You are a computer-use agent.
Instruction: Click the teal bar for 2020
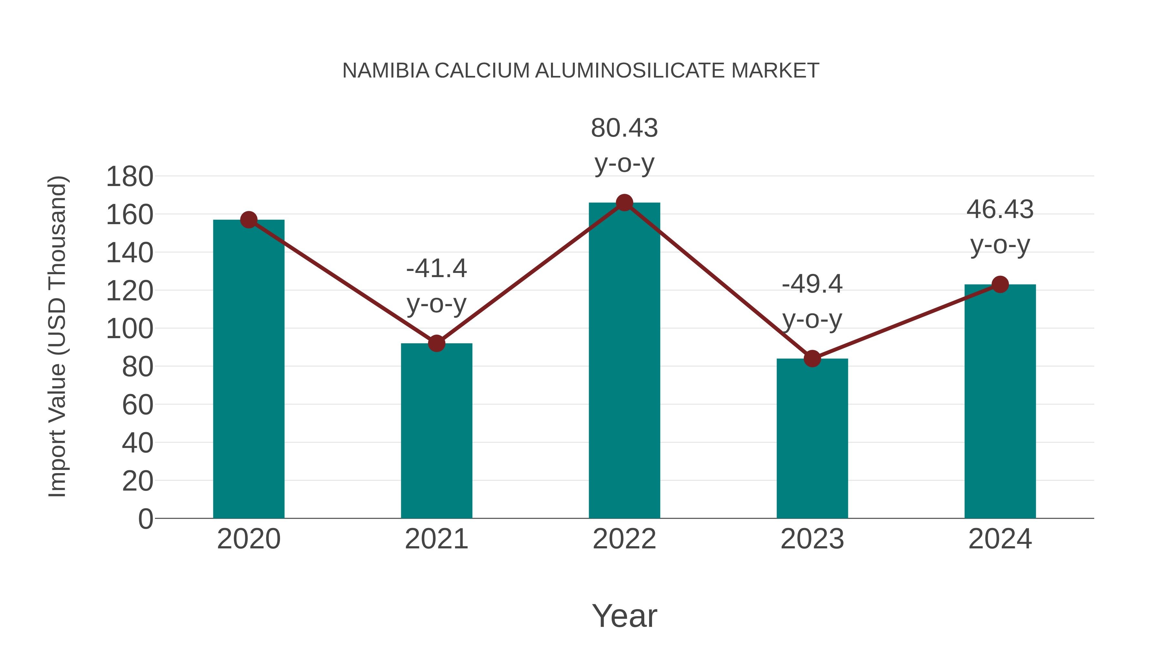pos(249,370)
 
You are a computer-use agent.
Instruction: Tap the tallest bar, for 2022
pos(624,361)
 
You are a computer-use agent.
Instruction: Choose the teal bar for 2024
pos(1000,402)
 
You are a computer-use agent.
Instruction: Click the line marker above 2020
pos(249,220)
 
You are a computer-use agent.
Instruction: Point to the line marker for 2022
pos(624,202)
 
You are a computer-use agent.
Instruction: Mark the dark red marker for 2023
pos(812,359)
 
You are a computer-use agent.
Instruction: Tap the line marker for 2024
pos(1000,284)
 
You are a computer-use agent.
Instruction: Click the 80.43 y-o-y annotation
pos(624,145)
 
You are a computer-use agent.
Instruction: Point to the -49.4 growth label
pos(812,302)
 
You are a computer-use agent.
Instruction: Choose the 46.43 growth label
pos(1000,227)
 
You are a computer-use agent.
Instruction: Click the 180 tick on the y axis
pos(129,176)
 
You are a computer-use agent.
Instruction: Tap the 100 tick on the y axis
pos(129,328)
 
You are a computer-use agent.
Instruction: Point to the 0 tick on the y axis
pos(145,519)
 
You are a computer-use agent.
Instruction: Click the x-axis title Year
pos(624,616)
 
